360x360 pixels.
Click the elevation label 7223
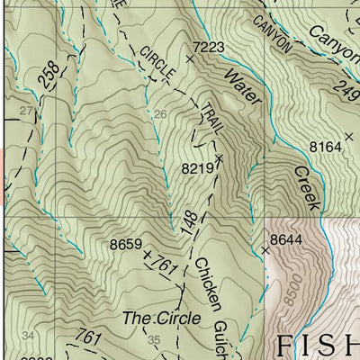pos(208,46)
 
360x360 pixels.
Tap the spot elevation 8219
pos(197,167)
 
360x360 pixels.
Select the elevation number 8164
pos(326,146)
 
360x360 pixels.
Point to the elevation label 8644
pos(285,238)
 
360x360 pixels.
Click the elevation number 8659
pos(126,244)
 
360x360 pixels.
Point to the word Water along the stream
pos(242,90)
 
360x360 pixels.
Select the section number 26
pos(160,114)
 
